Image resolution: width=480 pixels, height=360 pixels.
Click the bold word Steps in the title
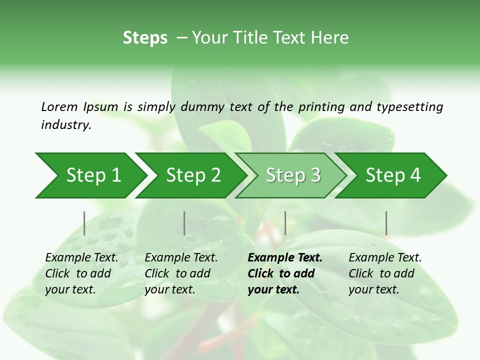click(145, 38)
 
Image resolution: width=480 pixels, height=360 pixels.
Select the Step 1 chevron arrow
click(91, 175)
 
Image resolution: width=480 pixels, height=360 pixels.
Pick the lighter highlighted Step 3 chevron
click(291, 175)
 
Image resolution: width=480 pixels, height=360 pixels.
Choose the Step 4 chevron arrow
click(391, 175)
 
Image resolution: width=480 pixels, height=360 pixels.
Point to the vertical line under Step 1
click(84, 223)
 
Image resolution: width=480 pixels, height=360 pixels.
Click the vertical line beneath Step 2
click(184, 223)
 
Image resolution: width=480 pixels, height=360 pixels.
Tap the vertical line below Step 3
click(285, 223)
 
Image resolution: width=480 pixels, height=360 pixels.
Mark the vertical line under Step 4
click(386, 223)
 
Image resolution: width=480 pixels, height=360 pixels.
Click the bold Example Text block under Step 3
click(285, 273)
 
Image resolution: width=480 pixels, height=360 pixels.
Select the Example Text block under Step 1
click(81, 273)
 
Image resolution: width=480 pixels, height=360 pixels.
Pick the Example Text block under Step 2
click(181, 273)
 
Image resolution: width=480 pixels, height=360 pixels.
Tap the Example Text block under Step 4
click(385, 273)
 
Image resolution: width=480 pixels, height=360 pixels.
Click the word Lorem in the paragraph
click(59, 107)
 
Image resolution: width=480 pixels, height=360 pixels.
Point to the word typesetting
click(410, 107)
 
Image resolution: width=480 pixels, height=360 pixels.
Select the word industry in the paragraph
click(66, 125)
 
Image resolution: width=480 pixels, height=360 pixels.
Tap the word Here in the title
click(329, 37)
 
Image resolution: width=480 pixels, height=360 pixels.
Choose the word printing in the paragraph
click(321, 107)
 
